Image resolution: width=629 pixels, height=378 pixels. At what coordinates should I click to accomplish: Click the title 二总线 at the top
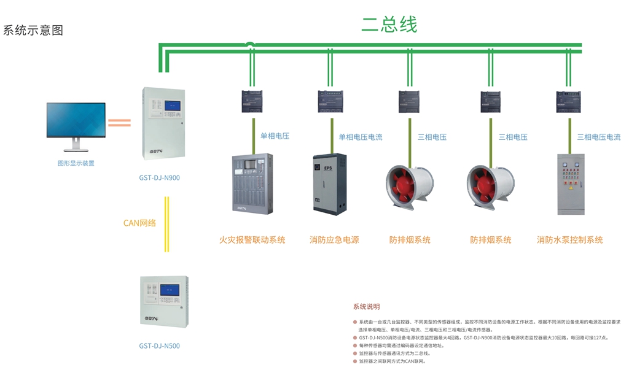(389, 25)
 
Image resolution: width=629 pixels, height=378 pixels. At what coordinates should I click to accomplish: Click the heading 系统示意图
(33, 31)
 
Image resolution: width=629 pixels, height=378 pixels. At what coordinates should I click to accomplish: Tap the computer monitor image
(76, 123)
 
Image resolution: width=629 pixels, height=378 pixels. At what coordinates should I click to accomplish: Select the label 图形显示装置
(76, 163)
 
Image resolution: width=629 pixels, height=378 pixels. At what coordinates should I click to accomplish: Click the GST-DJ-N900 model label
(159, 178)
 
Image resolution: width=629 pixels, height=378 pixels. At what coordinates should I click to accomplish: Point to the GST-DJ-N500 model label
(159, 346)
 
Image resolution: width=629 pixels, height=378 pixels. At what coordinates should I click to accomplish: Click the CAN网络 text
(139, 223)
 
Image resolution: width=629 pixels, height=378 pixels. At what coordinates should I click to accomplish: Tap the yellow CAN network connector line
(166, 224)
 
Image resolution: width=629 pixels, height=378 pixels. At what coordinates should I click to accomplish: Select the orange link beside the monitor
(119, 122)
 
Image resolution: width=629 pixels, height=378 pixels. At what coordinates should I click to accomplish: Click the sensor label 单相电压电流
(361, 137)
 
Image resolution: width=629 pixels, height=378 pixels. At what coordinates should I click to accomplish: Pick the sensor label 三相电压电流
(599, 137)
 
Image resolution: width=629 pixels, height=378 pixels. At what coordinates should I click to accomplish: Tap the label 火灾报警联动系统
(252, 240)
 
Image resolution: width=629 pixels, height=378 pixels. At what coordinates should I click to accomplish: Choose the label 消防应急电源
(334, 240)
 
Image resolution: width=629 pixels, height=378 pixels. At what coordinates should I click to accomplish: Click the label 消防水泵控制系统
(569, 240)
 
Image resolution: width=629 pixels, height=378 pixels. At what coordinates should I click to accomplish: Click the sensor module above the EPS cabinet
(330, 101)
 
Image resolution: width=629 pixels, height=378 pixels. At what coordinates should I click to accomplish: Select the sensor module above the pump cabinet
(568, 101)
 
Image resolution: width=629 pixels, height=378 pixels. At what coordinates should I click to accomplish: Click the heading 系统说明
(367, 307)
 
